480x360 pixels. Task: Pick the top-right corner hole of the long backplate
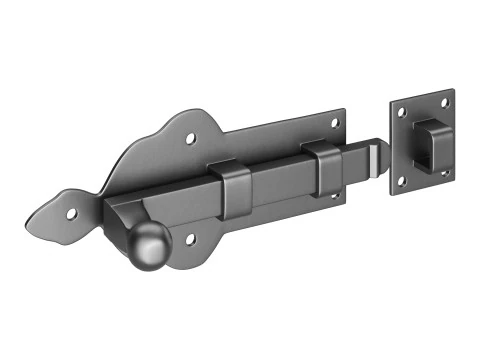[x=334, y=123]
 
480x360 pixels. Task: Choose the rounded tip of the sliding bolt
[x=378, y=157]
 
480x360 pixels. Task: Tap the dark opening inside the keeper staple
[x=420, y=144]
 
